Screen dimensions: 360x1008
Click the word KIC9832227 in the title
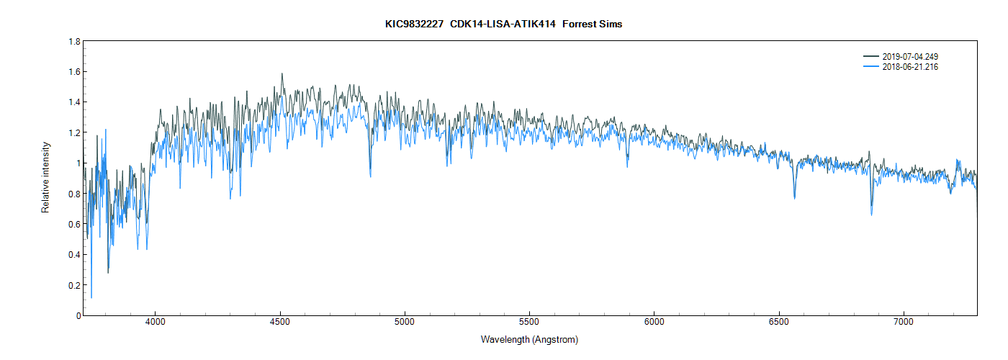pyautogui.click(x=414, y=24)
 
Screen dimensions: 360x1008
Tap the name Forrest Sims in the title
pyautogui.click(x=594, y=24)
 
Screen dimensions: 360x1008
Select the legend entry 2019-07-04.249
pyautogui.click(x=910, y=56)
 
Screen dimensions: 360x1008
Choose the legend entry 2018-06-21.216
pyautogui.click(x=910, y=67)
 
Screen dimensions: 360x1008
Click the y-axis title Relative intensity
pyautogui.click(x=46, y=177)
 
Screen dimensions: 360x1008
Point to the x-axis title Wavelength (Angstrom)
pyautogui.click(x=529, y=339)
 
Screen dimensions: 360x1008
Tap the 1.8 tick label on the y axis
pyautogui.click(x=74, y=42)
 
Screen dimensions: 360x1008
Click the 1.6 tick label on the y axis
pyautogui.click(x=74, y=72)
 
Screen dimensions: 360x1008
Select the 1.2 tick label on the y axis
pyautogui.click(x=74, y=133)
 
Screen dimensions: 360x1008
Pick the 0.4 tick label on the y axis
pyautogui.click(x=74, y=255)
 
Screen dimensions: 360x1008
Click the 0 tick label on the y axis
pyautogui.click(x=77, y=315)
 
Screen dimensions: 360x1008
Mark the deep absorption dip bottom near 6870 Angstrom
pyautogui.click(x=871, y=215)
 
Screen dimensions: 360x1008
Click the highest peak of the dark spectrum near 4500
pyautogui.click(x=282, y=73)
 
